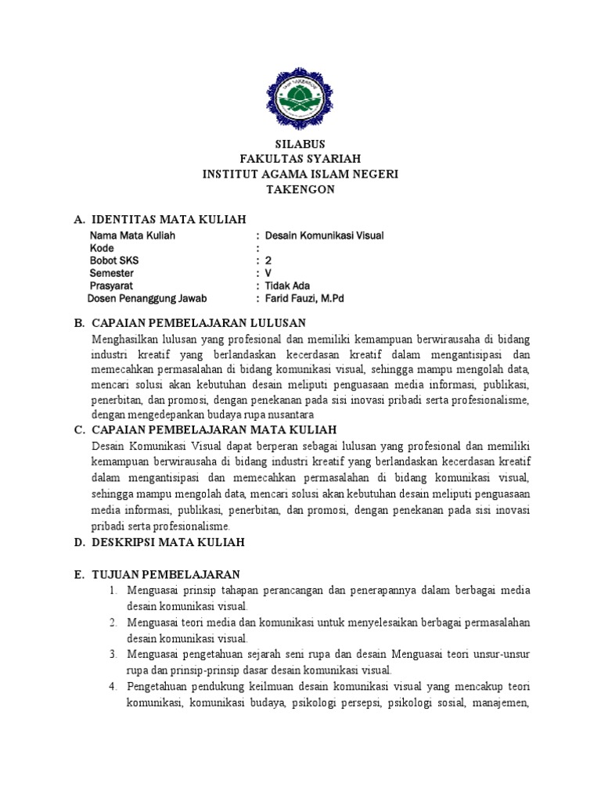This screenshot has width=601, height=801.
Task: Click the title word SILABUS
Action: pyautogui.click(x=300, y=144)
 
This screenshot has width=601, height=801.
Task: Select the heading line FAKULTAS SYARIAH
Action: pyautogui.click(x=300, y=159)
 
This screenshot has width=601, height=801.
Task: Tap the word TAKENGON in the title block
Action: pyautogui.click(x=300, y=189)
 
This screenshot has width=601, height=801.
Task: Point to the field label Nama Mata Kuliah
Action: pyautogui.click(x=132, y=235)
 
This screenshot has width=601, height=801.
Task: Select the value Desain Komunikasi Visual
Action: pyautogui.click(x=325, y=235)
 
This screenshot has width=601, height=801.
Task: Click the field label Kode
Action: pyautogui.click(x=102, y=248)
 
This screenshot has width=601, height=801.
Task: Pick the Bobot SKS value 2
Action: pyautogui.click(x=268, y=260)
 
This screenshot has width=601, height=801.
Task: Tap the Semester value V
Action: pyautogui.click(x=268, y=273)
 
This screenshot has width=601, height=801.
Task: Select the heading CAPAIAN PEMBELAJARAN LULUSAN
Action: pyautogui.click(x=198, y=322)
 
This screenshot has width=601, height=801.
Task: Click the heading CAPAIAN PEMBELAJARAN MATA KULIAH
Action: pyautogui.click(x=214, y=429)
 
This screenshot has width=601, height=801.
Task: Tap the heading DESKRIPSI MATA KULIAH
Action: pyautogui.click(x=168, y=541)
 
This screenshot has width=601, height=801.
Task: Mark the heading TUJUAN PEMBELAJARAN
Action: pyautogui.click(x=165, y=574)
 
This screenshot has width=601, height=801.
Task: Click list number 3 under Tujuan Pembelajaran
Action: pyautogui.click(x=113, y=654)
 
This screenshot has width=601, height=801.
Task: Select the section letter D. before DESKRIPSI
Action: pyautogui.click(x=79, y=541)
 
